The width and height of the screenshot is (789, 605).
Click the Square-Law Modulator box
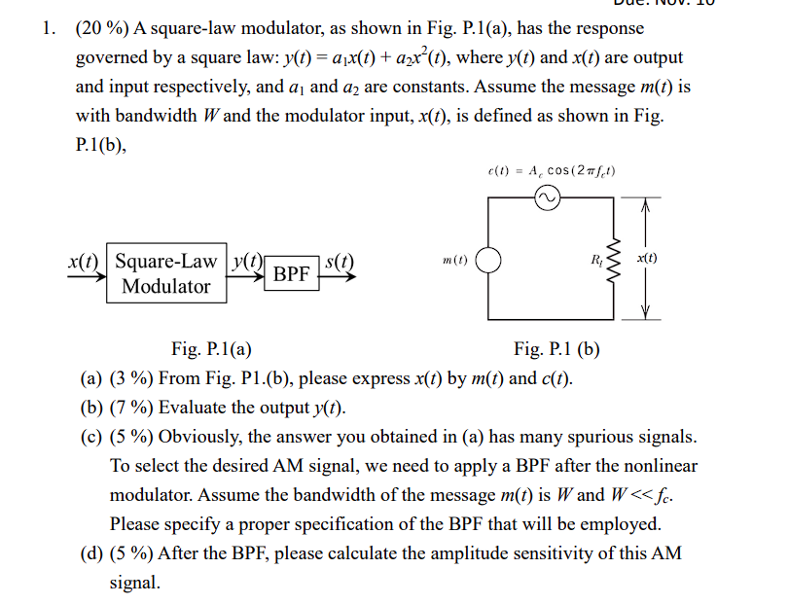165,273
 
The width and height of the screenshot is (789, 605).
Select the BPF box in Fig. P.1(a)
291,274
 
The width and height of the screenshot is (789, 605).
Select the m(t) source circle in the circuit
487,262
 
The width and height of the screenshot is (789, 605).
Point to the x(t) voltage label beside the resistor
646,260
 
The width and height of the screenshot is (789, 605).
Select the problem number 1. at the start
48,28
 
